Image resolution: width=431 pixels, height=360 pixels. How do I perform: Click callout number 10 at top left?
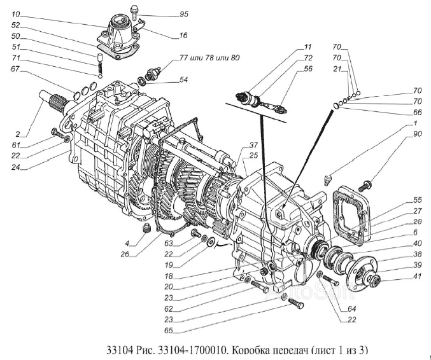[15, 13]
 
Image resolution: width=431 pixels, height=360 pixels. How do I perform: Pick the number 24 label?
[15, 168]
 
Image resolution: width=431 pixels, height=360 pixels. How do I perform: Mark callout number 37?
[235, 143]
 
